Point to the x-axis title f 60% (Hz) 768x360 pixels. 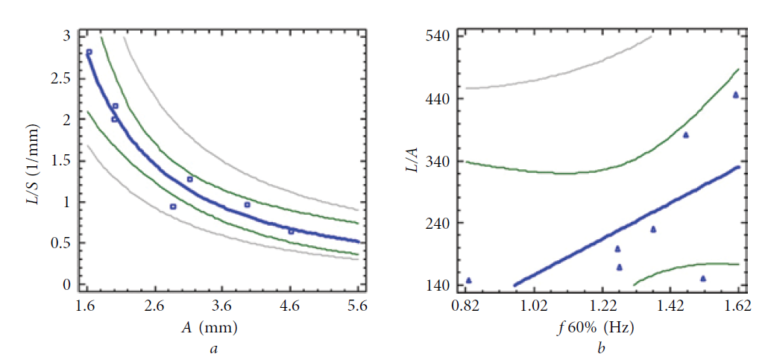[x=599, y=326]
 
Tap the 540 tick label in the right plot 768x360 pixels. [x=440, y=36]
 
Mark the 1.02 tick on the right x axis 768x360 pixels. [x=534, y=306]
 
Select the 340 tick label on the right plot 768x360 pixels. [x=440, y=161]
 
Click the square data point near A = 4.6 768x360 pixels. [x=292, y=231]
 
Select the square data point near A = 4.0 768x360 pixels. [x=248, y=204]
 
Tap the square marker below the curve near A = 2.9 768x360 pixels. [x=173, y=206]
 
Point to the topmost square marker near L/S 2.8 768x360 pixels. [x=89, y=52]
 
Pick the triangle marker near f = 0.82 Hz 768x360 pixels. [x=469, y=280]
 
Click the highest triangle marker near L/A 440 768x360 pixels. [x=735, y=95]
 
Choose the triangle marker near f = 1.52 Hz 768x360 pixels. [x=703, y=279]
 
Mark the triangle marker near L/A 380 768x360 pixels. [x=686, y=135]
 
